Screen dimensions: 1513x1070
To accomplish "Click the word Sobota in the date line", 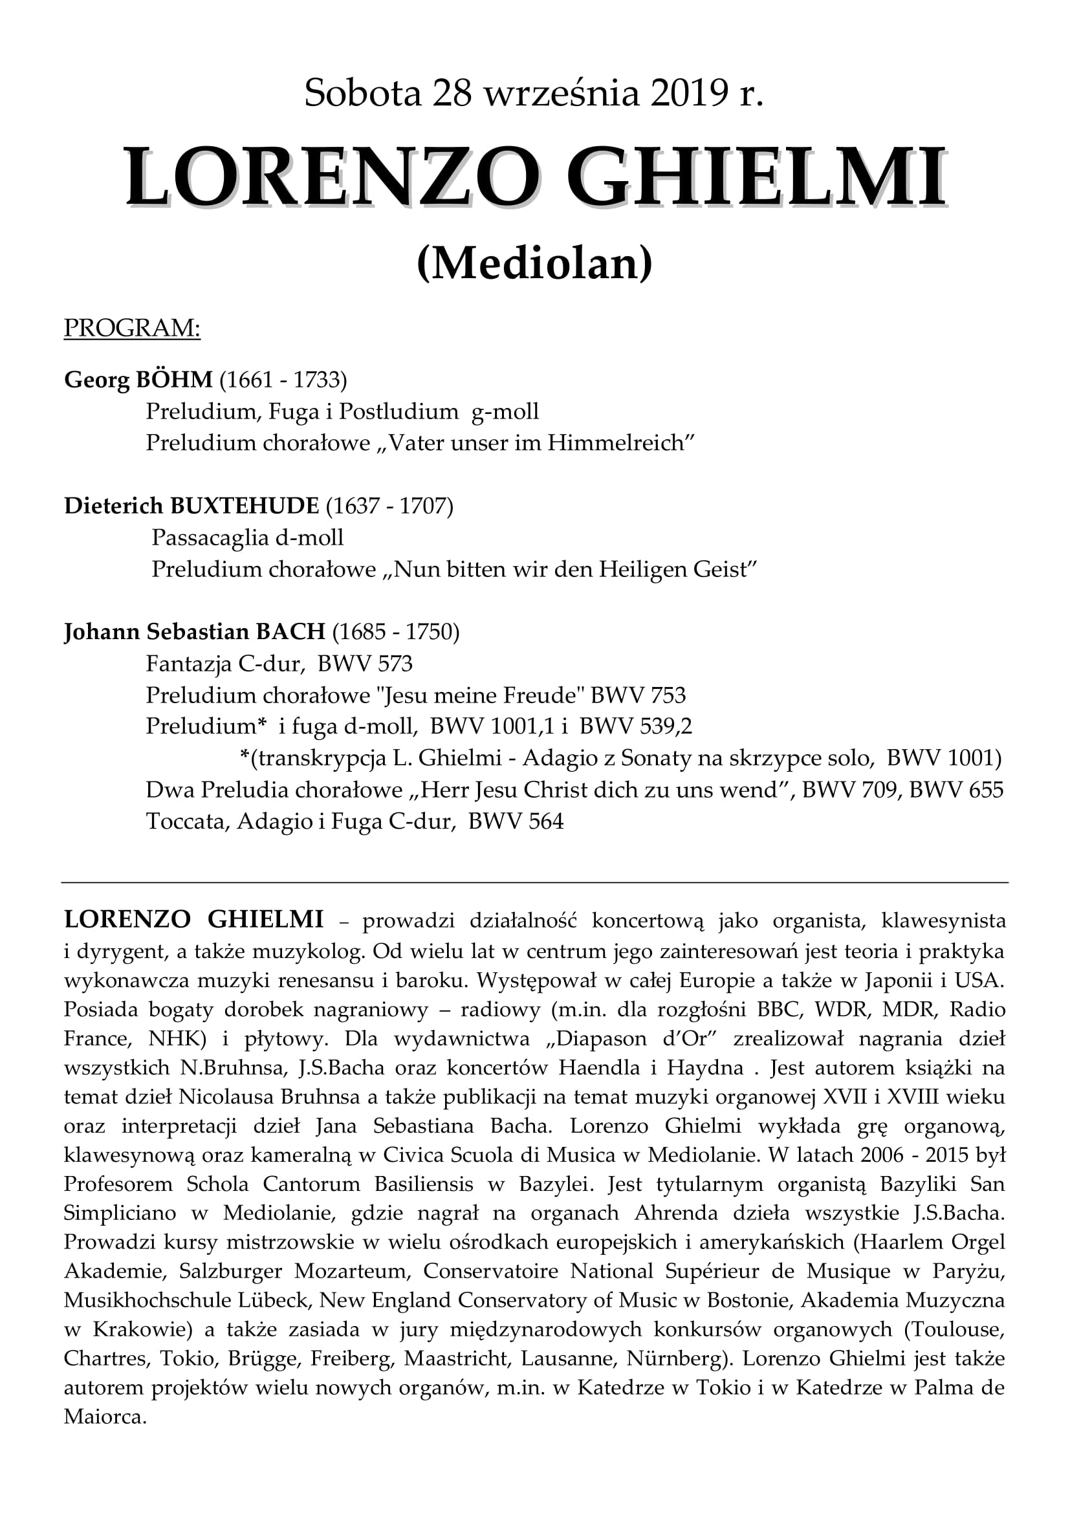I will click(x=362, y=93).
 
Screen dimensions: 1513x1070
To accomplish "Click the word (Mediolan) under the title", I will click(x=534, y=263).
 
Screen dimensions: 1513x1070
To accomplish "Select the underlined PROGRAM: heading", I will click(x=132, y=327).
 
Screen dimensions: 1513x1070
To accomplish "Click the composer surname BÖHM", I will click(x=175, y=380).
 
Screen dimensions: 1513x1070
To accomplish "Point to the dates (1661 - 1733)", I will click(x=283, y=380).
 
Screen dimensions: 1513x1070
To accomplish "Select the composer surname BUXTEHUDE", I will click(x=245, y=505).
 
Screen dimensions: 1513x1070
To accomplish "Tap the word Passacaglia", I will click(x=210, y=538).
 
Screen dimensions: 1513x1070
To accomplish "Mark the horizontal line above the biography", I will click(x=534, y=882).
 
